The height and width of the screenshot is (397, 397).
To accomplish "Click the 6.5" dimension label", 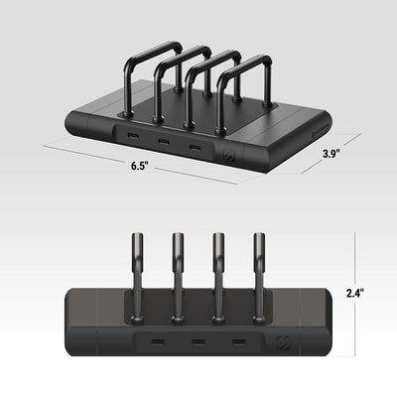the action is coord(139,166).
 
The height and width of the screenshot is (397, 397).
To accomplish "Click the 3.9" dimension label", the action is coord(331,154).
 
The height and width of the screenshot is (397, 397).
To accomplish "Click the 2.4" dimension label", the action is coord(355,293).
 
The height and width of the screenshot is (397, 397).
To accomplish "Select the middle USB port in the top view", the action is coord(163,142).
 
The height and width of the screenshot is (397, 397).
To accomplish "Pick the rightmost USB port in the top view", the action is coord(194,146).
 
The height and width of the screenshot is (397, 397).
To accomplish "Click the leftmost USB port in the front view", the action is coord(158,341).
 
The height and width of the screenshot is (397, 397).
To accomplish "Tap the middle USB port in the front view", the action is coord(198,341).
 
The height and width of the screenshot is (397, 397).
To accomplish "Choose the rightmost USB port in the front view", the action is coord(238,341).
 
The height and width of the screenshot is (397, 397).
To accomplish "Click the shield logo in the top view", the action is coord(228,155).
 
